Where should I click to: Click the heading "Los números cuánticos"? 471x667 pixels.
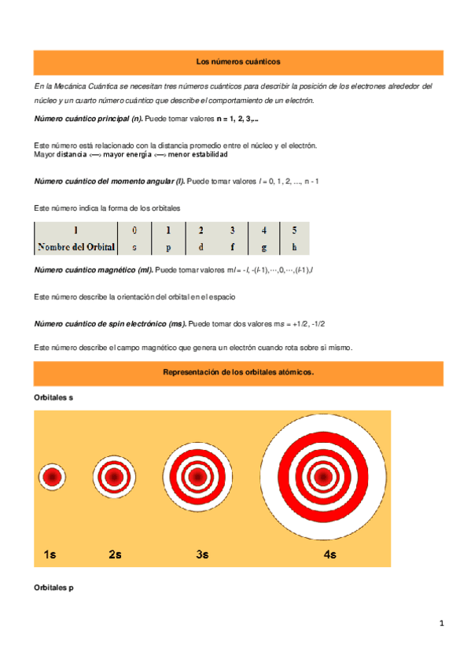coord(237,61)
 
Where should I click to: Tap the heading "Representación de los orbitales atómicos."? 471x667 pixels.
coord(237,373)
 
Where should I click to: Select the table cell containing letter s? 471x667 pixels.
coord(134,247)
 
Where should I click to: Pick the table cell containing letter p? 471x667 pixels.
coord(167,247)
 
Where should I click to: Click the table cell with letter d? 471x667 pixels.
coord(201,247)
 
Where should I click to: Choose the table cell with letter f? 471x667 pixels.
coord(232,247)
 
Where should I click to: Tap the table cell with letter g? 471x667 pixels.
coord(264,247)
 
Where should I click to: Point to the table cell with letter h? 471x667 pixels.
coord(294,247)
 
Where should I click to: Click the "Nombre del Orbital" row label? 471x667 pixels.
coord(76,247)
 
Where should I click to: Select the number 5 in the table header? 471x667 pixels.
coord(294,230)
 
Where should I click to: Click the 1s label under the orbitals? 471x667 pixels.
coord(50,555)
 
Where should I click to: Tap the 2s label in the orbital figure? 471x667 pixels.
coord(115,555)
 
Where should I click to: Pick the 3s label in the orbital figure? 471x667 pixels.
coord(202,555)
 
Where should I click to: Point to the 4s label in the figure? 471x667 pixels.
coord(329,555)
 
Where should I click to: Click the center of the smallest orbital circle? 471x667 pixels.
coord(53,477)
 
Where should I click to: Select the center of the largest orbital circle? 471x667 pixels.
coord(323,477)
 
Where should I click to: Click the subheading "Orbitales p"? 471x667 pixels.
coord(54,588)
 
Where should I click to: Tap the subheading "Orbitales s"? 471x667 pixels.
coord(54,398)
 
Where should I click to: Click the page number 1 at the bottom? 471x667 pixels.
coord(442,625)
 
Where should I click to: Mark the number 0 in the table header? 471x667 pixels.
coord(134,230)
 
